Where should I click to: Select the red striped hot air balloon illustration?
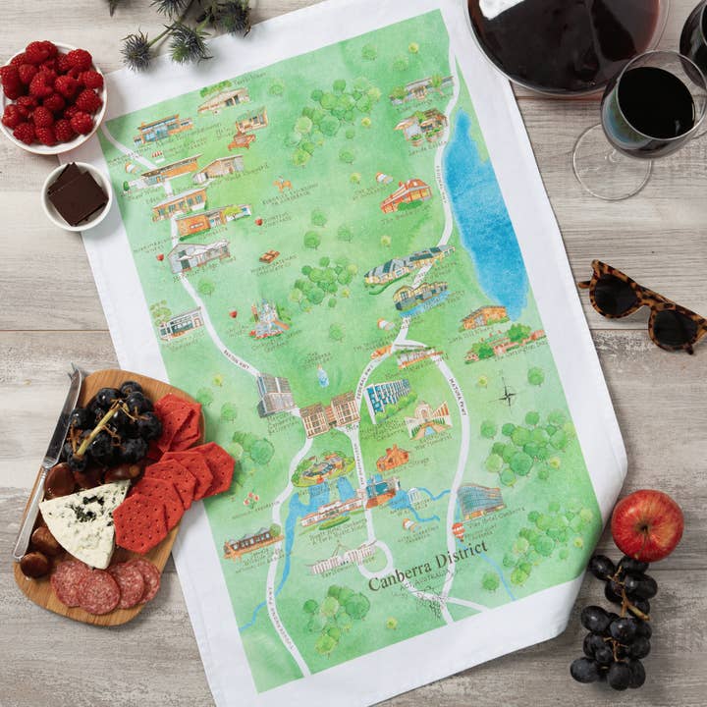pos(458,530)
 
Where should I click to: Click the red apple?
pos(647,525)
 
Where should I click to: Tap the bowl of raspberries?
pos(52,94)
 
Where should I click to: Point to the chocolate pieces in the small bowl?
pos(76,193)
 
